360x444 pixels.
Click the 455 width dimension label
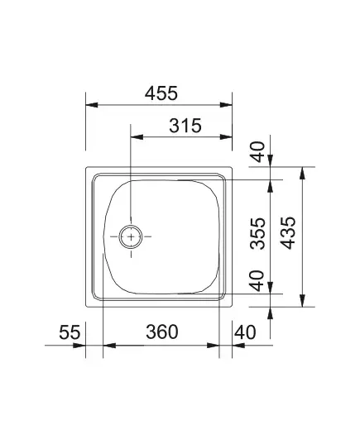[x=161, y=93]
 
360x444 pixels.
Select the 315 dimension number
[x=185, y=126]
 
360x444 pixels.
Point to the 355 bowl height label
[x=258, y=233]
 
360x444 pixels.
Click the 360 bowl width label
[x=162, y=332]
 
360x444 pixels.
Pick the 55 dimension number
[x=70, y=332]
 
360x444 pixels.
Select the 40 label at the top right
[x=258, y=151]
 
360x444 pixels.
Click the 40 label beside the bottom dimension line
[x=245, y=332]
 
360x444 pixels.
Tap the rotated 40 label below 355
[x=257, y=280]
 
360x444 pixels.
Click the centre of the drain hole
[x=131, y=236]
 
